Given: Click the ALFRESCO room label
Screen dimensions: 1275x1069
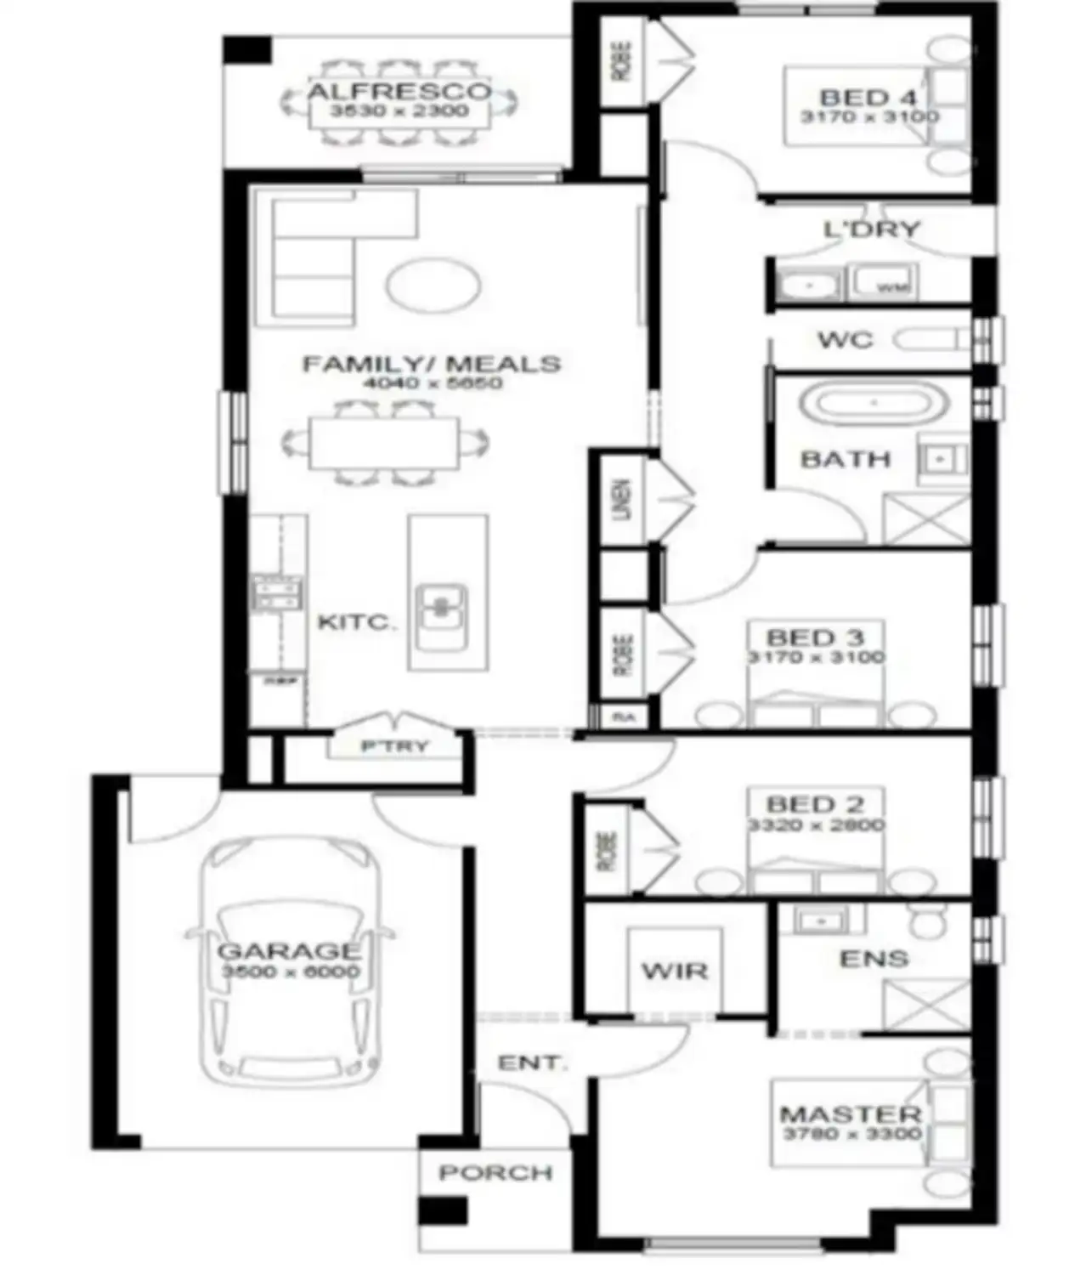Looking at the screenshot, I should click(x=399, y=91).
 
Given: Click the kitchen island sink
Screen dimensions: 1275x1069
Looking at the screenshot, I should click(x=441, y=606).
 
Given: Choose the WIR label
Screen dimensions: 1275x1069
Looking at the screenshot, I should click(x=674, y=970).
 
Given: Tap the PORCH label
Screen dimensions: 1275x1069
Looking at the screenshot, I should click(x=495, y=1173).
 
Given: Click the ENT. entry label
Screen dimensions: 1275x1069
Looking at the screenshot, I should click(x=531, y=1062).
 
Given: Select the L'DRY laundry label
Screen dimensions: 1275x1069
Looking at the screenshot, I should click(x=872, y=229).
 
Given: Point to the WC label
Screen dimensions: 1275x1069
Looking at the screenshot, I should click(x=845, y=340).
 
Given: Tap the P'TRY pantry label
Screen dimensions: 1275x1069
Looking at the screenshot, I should click(x=395, y=747).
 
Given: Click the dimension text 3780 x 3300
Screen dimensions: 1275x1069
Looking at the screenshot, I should click(x=851, y=1134).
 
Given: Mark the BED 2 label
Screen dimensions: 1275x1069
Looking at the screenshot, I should click(x=815, y=803).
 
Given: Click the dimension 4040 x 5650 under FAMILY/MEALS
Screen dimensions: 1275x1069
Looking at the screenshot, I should click(x=433, y=383).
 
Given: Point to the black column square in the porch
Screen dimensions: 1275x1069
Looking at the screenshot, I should click(x=443, y=1210).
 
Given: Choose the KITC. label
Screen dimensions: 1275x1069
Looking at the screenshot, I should click(x=357, y=622).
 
